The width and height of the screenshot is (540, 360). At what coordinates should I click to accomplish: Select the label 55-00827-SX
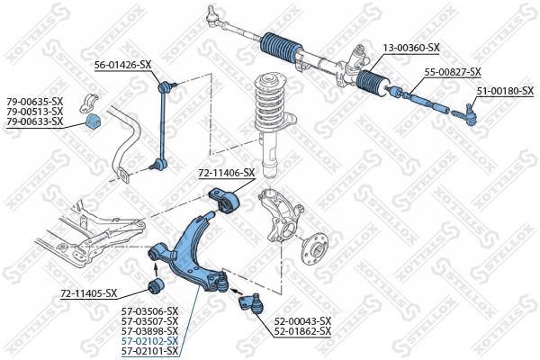pyautogui.click(x=453, y=71)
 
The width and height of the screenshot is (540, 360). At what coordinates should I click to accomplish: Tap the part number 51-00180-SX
pyautogui.click(x=505, y=90)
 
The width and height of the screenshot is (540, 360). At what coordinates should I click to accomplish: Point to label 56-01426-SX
pyautogui.click(x=123, y=65)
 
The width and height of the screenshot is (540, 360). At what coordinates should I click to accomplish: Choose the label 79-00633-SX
pyautogui.click(x=35, y=121)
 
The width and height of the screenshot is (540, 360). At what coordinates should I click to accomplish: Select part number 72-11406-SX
pyautogui.click(x=227, y=172)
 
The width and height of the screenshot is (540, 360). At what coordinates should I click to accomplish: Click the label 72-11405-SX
pyautogui.click(x=88, y=292)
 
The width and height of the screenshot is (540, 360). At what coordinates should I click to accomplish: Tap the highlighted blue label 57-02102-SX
pyautogui.click(x=149, y=341)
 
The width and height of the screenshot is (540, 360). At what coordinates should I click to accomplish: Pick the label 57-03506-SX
pyautogui.click(x=149, y=311)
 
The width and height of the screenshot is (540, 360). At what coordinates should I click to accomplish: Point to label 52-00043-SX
pyautogui.click(x=302, y=320)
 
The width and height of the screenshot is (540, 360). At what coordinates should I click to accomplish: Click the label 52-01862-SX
pyautogui.click(x=302, y=331)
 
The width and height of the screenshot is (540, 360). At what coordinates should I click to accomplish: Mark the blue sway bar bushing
pyautogui.click(x=92, y=121)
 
